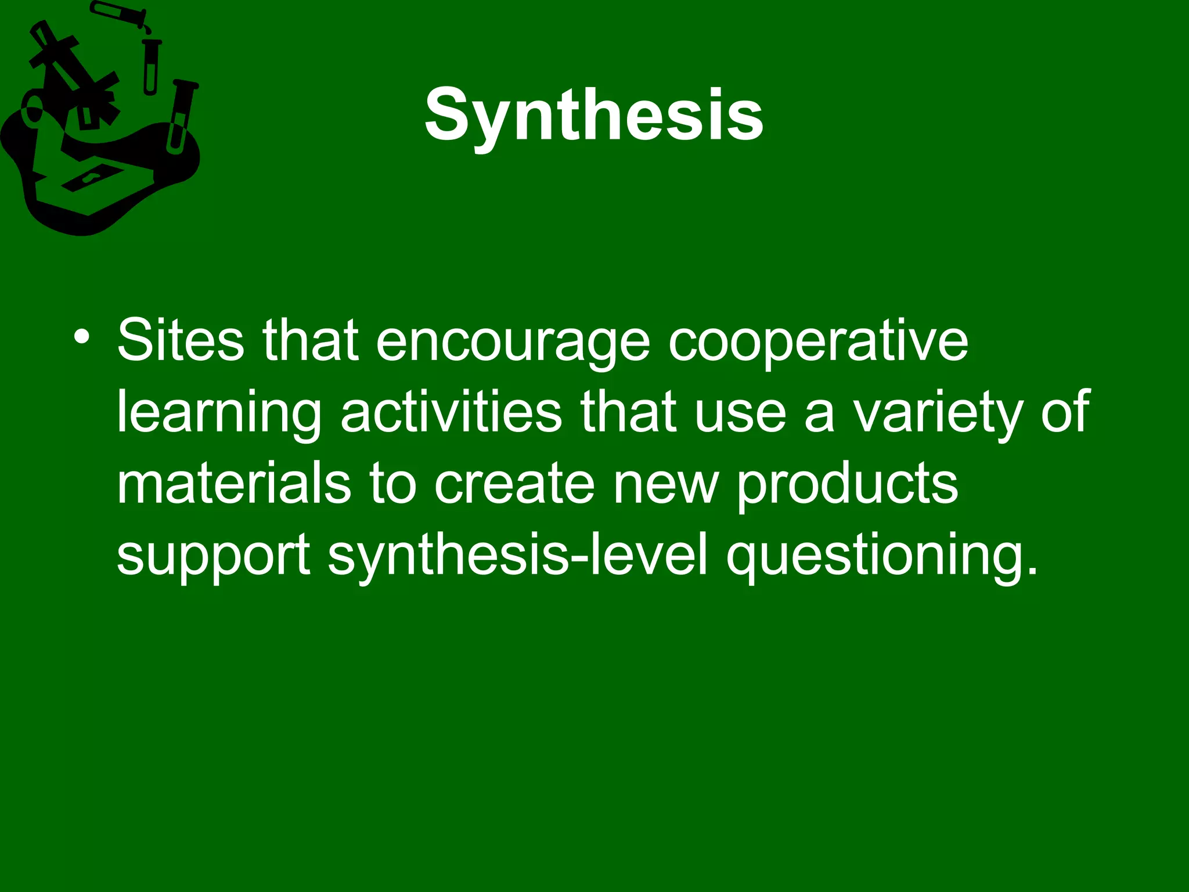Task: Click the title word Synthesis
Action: pyautogui.click(x=593, y=114)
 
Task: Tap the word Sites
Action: pyautogui.click(x=180, y=341)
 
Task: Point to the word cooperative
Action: pyautogui.click(x=818, y=343)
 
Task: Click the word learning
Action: pyautogui.click(x=218, y=414)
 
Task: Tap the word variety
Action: pyautogui.click(x=936, y=414)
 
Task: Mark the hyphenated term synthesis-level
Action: pyautogui.click(x=518, y=556)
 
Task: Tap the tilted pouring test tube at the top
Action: pyautogui.click(x=119, y=15)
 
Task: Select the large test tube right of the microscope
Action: pyautogui.click(x=181, y=116)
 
